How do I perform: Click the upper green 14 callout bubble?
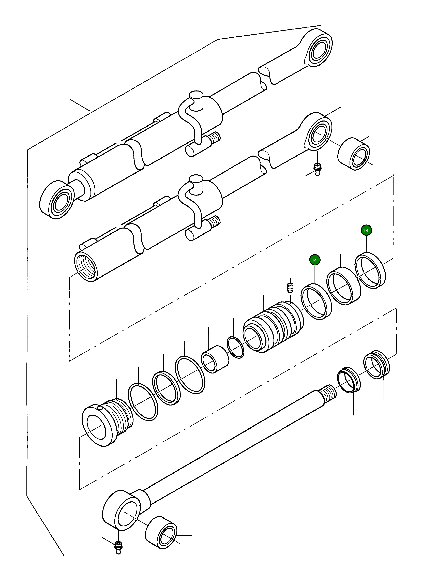pos(366,230)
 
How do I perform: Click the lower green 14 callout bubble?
pos(314,260)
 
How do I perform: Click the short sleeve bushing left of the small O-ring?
pos(215,359)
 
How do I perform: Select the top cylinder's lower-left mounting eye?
pos(56,200)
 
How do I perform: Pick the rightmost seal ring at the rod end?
pos(376,367)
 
